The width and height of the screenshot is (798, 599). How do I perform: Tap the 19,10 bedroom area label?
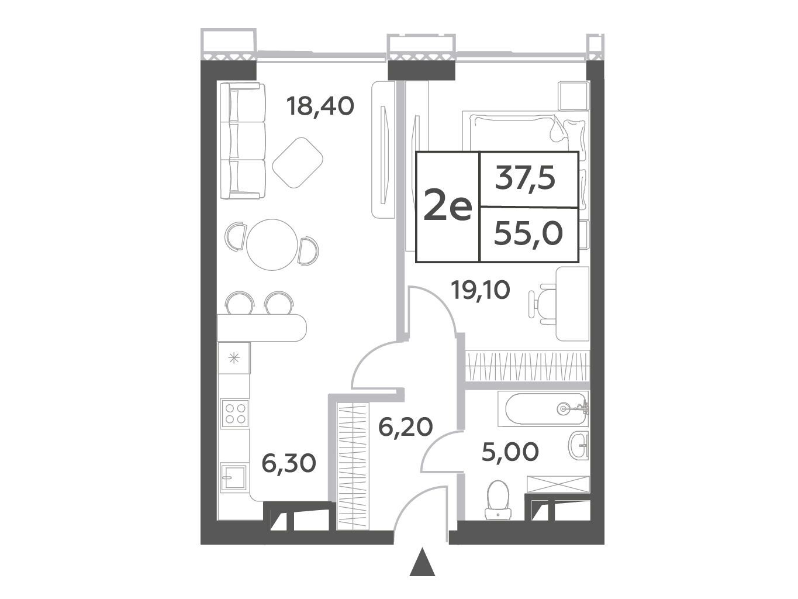click(480, 290)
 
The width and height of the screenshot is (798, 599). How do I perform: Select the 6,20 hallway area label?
click(405, 426)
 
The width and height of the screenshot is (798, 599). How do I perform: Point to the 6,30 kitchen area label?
click(289, 463)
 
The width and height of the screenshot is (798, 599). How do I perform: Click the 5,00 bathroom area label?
click(510, 452)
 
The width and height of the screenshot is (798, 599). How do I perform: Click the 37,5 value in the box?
click(525, 178)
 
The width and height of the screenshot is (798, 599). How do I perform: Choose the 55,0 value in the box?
click(528, 234)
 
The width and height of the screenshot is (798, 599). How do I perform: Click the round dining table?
click(272, 245)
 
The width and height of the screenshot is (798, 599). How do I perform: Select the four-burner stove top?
click(235, 414)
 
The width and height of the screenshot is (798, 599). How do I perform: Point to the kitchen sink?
click(233, 477)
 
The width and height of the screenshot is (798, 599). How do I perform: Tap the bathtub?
click(543, 409)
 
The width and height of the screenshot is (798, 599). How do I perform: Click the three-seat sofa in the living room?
click(242, 141)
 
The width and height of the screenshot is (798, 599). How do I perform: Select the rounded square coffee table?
click(298, 163)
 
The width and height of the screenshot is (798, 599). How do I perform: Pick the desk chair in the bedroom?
click(542, 304)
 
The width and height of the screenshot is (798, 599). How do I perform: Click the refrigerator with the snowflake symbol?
click(234, 358)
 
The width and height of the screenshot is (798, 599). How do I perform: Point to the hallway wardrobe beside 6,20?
click(353, 466)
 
